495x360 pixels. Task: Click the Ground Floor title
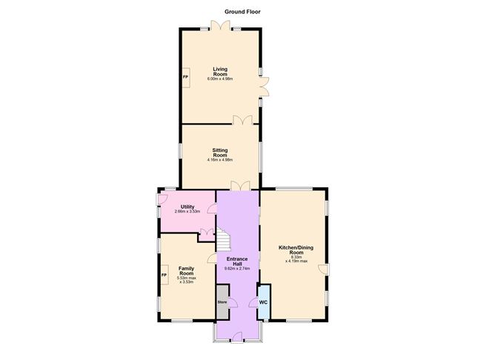243,12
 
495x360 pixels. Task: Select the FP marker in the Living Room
185,76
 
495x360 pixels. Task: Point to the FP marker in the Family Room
164,276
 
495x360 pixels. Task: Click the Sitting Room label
220,152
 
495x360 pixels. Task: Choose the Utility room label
187,207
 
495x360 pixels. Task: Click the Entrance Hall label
237,261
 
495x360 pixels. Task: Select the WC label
263,302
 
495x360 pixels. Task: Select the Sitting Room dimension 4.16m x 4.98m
220,160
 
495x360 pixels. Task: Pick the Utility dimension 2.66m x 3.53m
187,213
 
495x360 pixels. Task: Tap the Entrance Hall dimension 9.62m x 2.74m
237,269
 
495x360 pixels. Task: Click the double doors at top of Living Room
220,26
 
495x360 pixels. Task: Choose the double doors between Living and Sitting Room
242,120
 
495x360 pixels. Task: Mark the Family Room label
185,272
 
